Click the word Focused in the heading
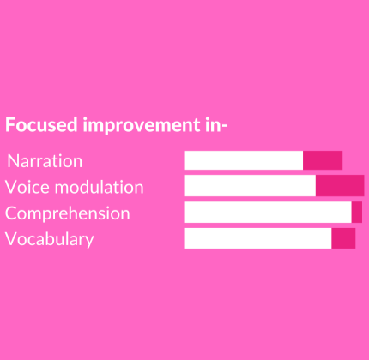(x=41, y=125)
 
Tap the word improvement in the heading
(x=142, y=125)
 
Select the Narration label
(x=45, y=161)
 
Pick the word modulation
(x=99, y=187)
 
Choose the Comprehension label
(x=68, y=213)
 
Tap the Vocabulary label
(x=50, y=239)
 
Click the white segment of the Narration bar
(x=244, y=160)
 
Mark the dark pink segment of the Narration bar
(x=323, y=160)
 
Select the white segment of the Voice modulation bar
(x=250, y=186)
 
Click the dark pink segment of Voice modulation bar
(x=340, y=186)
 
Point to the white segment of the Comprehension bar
(x=268, y=213)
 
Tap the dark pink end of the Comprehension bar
(x=357, y=213)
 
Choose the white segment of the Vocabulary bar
(x=257, y=238)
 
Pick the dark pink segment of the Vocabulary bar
(x=343, y=238)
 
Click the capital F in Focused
(x=10, y=125)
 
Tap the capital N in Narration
(x=13, y=161)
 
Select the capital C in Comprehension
(x=11, y=213)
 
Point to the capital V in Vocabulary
(x=11, y=239)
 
